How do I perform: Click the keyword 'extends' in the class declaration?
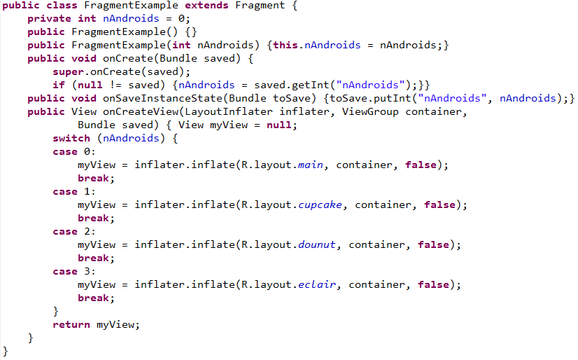point(206,6)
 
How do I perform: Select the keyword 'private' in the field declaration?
point(50,19)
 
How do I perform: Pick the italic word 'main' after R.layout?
point(311,165)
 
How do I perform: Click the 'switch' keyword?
point(71,139)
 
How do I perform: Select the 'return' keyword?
point(71,325)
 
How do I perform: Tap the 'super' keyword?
point(68,72)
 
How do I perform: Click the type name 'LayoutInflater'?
point(229,112)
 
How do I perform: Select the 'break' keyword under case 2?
point(93,258)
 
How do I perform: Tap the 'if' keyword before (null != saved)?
point(59,85)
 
